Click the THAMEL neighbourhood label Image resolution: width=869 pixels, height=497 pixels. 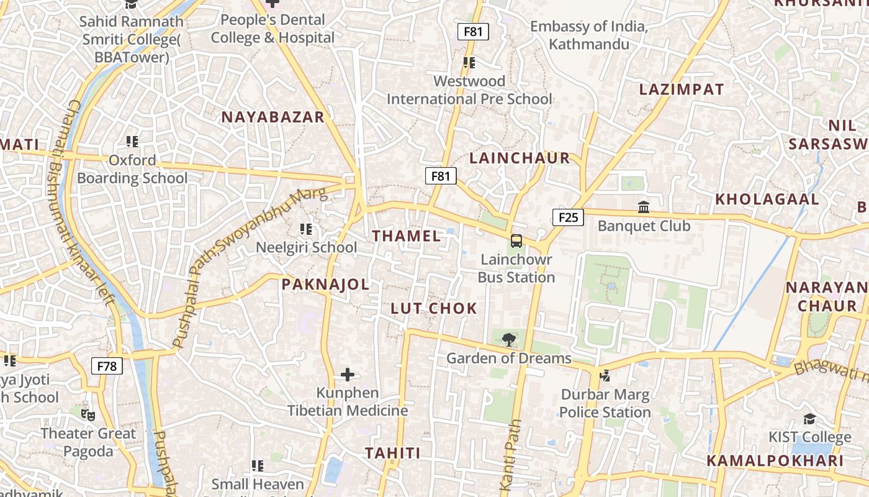pos(407,236)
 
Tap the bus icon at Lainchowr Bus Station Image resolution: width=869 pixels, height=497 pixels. pos(516,241)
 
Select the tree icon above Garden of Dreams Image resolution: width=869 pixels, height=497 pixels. pos(509,339)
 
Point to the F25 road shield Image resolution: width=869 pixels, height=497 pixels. pos(568,217)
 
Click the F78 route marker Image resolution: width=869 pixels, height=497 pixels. pos(107,366)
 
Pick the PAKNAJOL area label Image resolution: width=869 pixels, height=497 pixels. pos(325,285)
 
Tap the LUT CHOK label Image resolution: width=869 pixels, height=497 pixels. pos(434,308)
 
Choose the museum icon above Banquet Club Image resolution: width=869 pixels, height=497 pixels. pos(644,207)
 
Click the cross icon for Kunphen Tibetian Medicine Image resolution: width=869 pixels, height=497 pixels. pos(348,375)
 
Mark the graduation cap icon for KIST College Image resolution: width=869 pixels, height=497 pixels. pos(809,419)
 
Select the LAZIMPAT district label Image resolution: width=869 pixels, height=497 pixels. pos(682,89)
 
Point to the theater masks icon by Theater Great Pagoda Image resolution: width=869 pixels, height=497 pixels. pos(88,414)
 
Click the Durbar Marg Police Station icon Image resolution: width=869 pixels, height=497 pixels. pos(605,375)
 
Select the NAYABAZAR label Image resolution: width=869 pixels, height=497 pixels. pos(273,117)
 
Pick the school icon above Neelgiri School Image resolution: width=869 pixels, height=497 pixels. pos(305,229)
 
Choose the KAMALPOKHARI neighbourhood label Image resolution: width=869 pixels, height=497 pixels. pos(775,461)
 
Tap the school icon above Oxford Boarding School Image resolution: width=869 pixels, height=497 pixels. pos(132,142)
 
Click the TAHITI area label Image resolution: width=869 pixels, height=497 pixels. pos(392,453)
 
